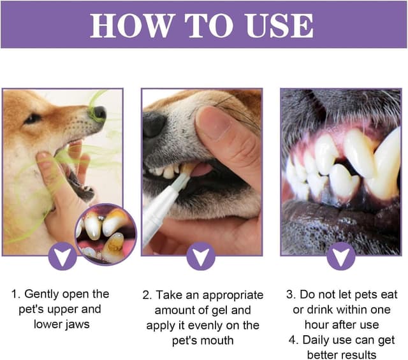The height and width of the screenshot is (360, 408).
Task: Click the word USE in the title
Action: pos(280,25)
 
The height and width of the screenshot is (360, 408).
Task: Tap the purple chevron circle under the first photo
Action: pos(62,257)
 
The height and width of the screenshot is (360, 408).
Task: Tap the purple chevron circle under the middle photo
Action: pos(201,257)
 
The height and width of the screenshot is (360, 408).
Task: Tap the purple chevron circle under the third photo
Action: pos(341,257)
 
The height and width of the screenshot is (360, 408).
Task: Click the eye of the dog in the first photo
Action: pos(32,119)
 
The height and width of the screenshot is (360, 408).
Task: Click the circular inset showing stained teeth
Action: pos(105,234)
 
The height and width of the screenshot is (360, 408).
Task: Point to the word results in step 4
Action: pos(352,355)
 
